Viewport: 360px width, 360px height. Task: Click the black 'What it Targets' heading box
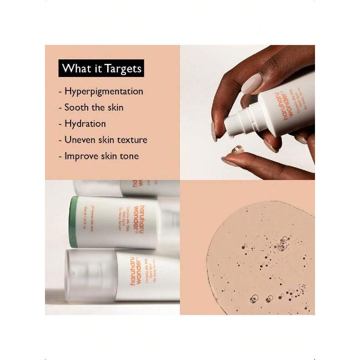coord(101,68)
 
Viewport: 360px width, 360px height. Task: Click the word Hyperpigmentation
coord(103,91)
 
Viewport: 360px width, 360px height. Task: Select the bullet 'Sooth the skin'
coord(94,108)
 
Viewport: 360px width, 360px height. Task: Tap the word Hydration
coord(85,124)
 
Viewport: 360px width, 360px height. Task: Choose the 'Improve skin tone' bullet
coord(101,156)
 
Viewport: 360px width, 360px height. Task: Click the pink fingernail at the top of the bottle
coord(252,84)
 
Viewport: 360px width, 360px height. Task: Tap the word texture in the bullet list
coord(132,139)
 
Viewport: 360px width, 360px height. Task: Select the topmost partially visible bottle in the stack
coord(126,188)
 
